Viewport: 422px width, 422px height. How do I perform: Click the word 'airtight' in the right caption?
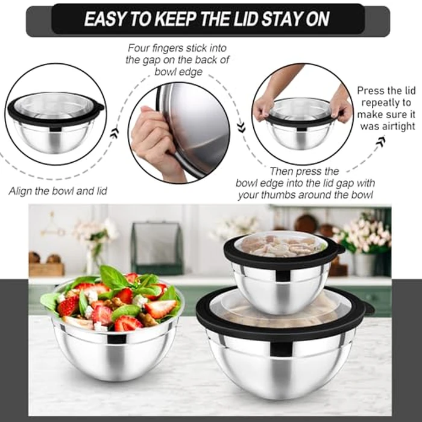(388, 126)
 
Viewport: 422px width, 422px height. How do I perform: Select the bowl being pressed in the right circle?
(300, 124)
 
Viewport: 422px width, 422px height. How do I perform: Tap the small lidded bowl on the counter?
(282, 274)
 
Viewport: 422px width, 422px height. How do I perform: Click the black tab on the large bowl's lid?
(367, 308)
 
